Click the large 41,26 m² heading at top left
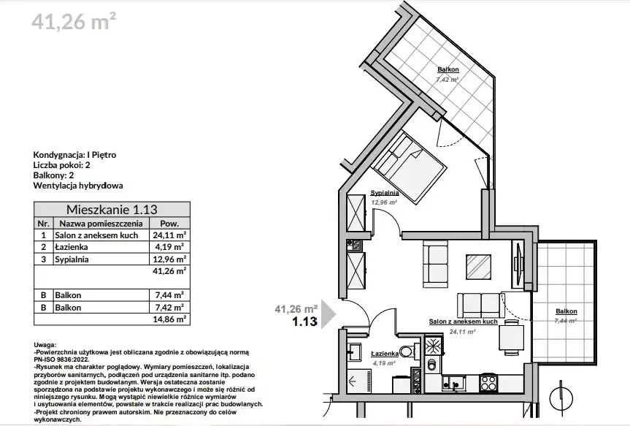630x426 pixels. tap(74, 21)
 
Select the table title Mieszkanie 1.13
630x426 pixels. tap(112, 209)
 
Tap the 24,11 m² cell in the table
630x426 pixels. tap(169, 235)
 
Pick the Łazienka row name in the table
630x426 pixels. tap(71, 247)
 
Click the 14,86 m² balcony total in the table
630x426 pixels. tap(169, 319)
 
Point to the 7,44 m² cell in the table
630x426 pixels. tap(169, 295)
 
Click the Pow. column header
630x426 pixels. tap(169, 224)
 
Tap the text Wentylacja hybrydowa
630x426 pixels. tap(78, 186)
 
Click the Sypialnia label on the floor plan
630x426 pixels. tap(385, 193)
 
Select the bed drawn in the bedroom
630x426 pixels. tap(409, 167)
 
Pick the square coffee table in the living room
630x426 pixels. tap(479, 267)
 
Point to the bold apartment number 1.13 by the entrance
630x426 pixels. tap(304, 322)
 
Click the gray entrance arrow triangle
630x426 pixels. tap(329, 315)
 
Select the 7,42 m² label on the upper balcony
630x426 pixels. tap(447, 79)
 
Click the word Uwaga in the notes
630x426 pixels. tap(45, 345)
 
